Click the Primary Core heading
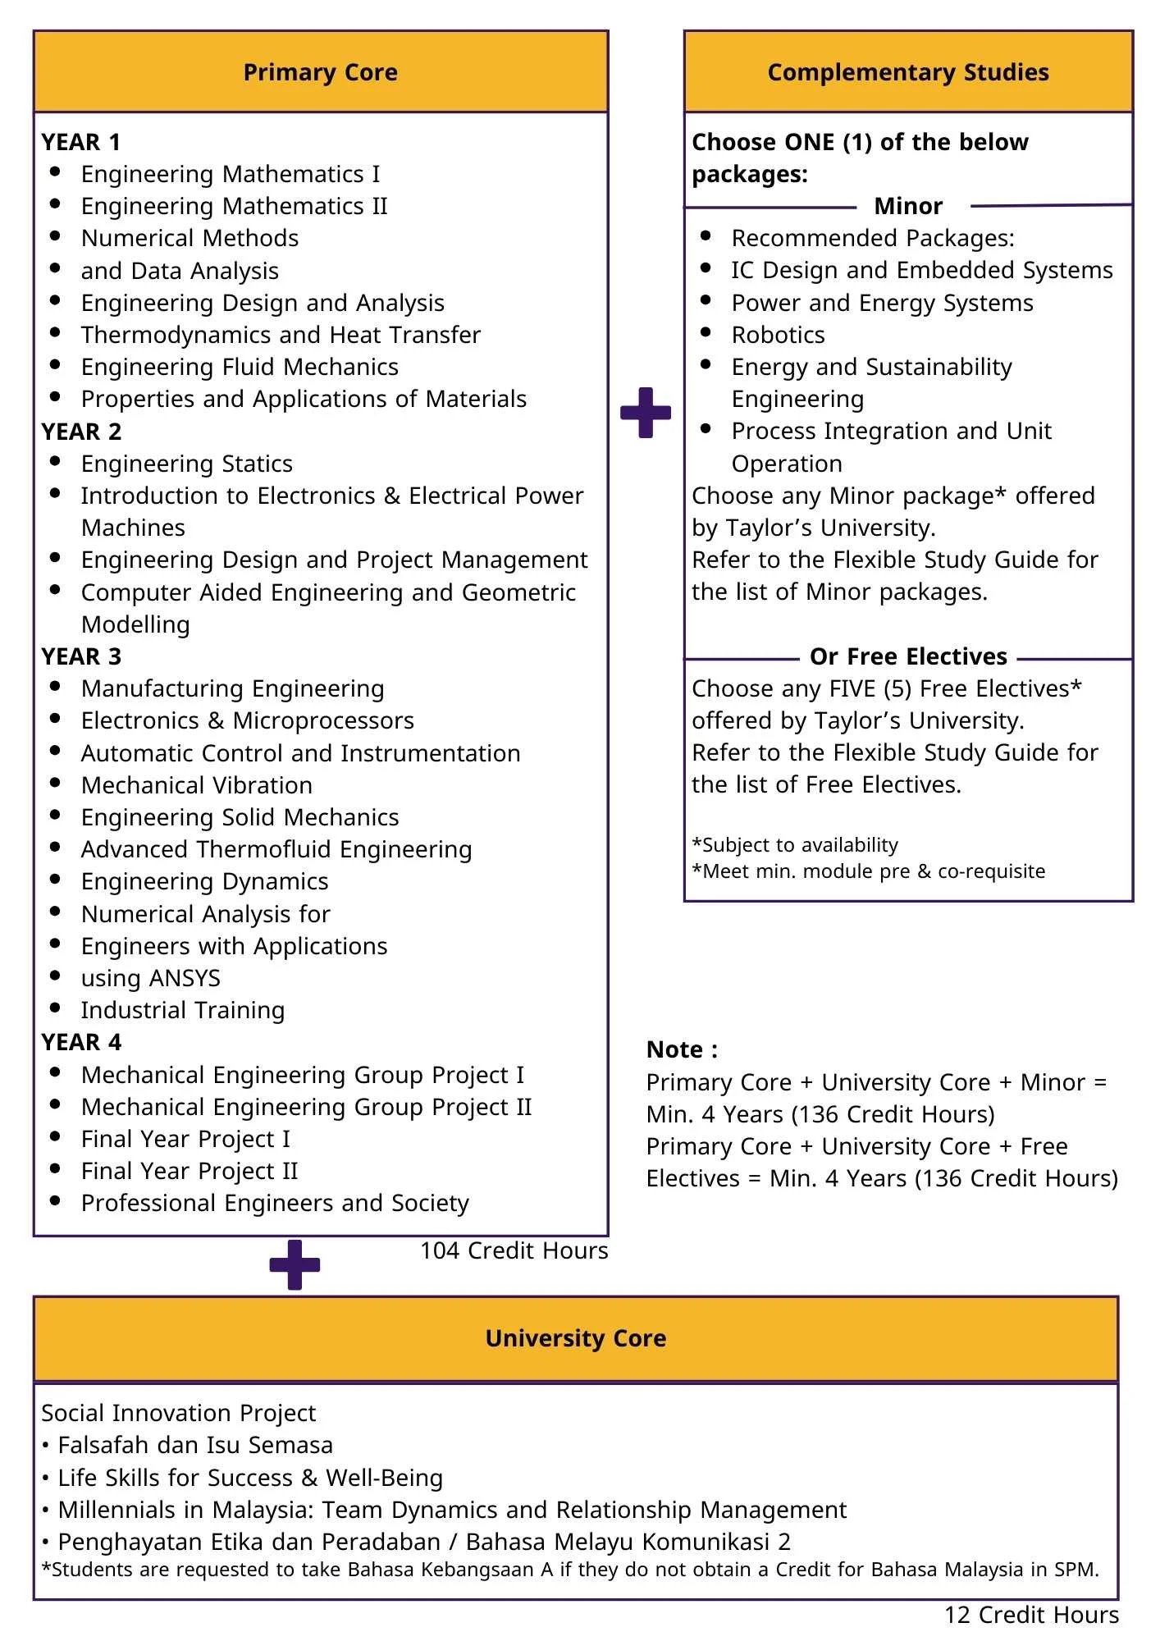320,72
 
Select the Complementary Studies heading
907,72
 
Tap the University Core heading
575,1338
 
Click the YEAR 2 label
81,432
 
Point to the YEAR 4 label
81,1042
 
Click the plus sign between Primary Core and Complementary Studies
646,413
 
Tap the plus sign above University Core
295,1264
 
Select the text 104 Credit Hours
514,1250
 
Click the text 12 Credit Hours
1031,1615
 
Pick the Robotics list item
778,335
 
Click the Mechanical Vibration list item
196,785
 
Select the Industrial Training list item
182,1010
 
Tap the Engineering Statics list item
186,464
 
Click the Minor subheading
908,206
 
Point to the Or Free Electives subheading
908,656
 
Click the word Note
681,1049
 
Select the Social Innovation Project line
178,1413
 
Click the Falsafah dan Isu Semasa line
194,1445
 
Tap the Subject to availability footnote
795,845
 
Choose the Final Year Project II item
189,1171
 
